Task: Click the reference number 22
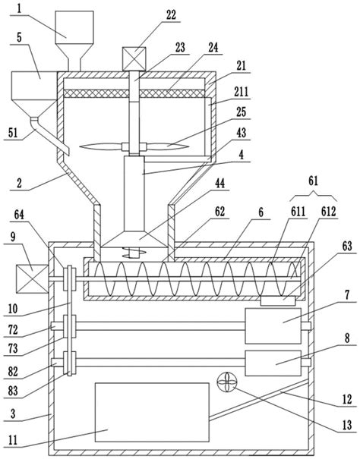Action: click(x=171, y=14)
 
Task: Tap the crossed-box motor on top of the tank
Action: click(x=134, y=59)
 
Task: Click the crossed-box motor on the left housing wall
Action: click(x=32, y=278)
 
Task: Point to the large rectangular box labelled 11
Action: click(x=152, y=412)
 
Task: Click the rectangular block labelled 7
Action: click(x=273, y=325)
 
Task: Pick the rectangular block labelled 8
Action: click(x=273, y=363)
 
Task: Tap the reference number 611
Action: click(x=298, y=212)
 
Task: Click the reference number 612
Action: click(x=328, y=212)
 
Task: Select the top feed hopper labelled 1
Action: click(x=74, y=41)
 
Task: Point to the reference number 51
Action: click(x=13, y=134)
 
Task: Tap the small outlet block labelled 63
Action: click(x=278, y=301)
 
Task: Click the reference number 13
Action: click(x=347, y=425)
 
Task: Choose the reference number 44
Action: click(x=219, y=184)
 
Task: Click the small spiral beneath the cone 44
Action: click(x=134, y=253)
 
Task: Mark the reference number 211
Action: click(x=241, y=92)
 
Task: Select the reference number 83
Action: click(x=13, y=391)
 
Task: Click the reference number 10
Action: click(x=13, y=309)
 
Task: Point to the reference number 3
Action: click(x=13, y=414)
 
